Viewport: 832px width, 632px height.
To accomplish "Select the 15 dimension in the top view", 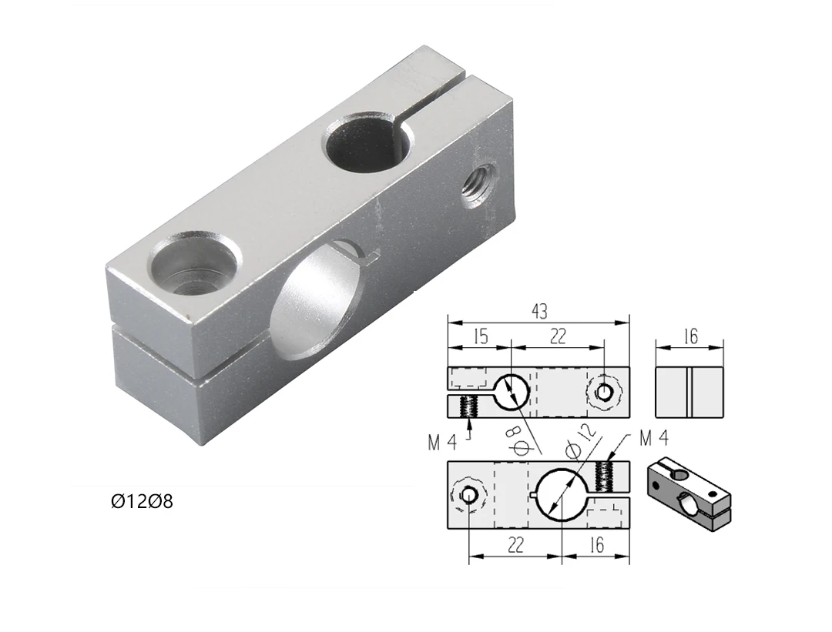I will click(481, 337).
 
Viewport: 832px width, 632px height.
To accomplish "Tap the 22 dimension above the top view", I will click(559, 337).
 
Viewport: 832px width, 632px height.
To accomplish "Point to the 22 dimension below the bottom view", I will click(515, 546).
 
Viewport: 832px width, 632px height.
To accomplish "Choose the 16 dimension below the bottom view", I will click(596, 546).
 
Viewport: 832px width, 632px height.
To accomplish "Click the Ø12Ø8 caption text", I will click(142, 502).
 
